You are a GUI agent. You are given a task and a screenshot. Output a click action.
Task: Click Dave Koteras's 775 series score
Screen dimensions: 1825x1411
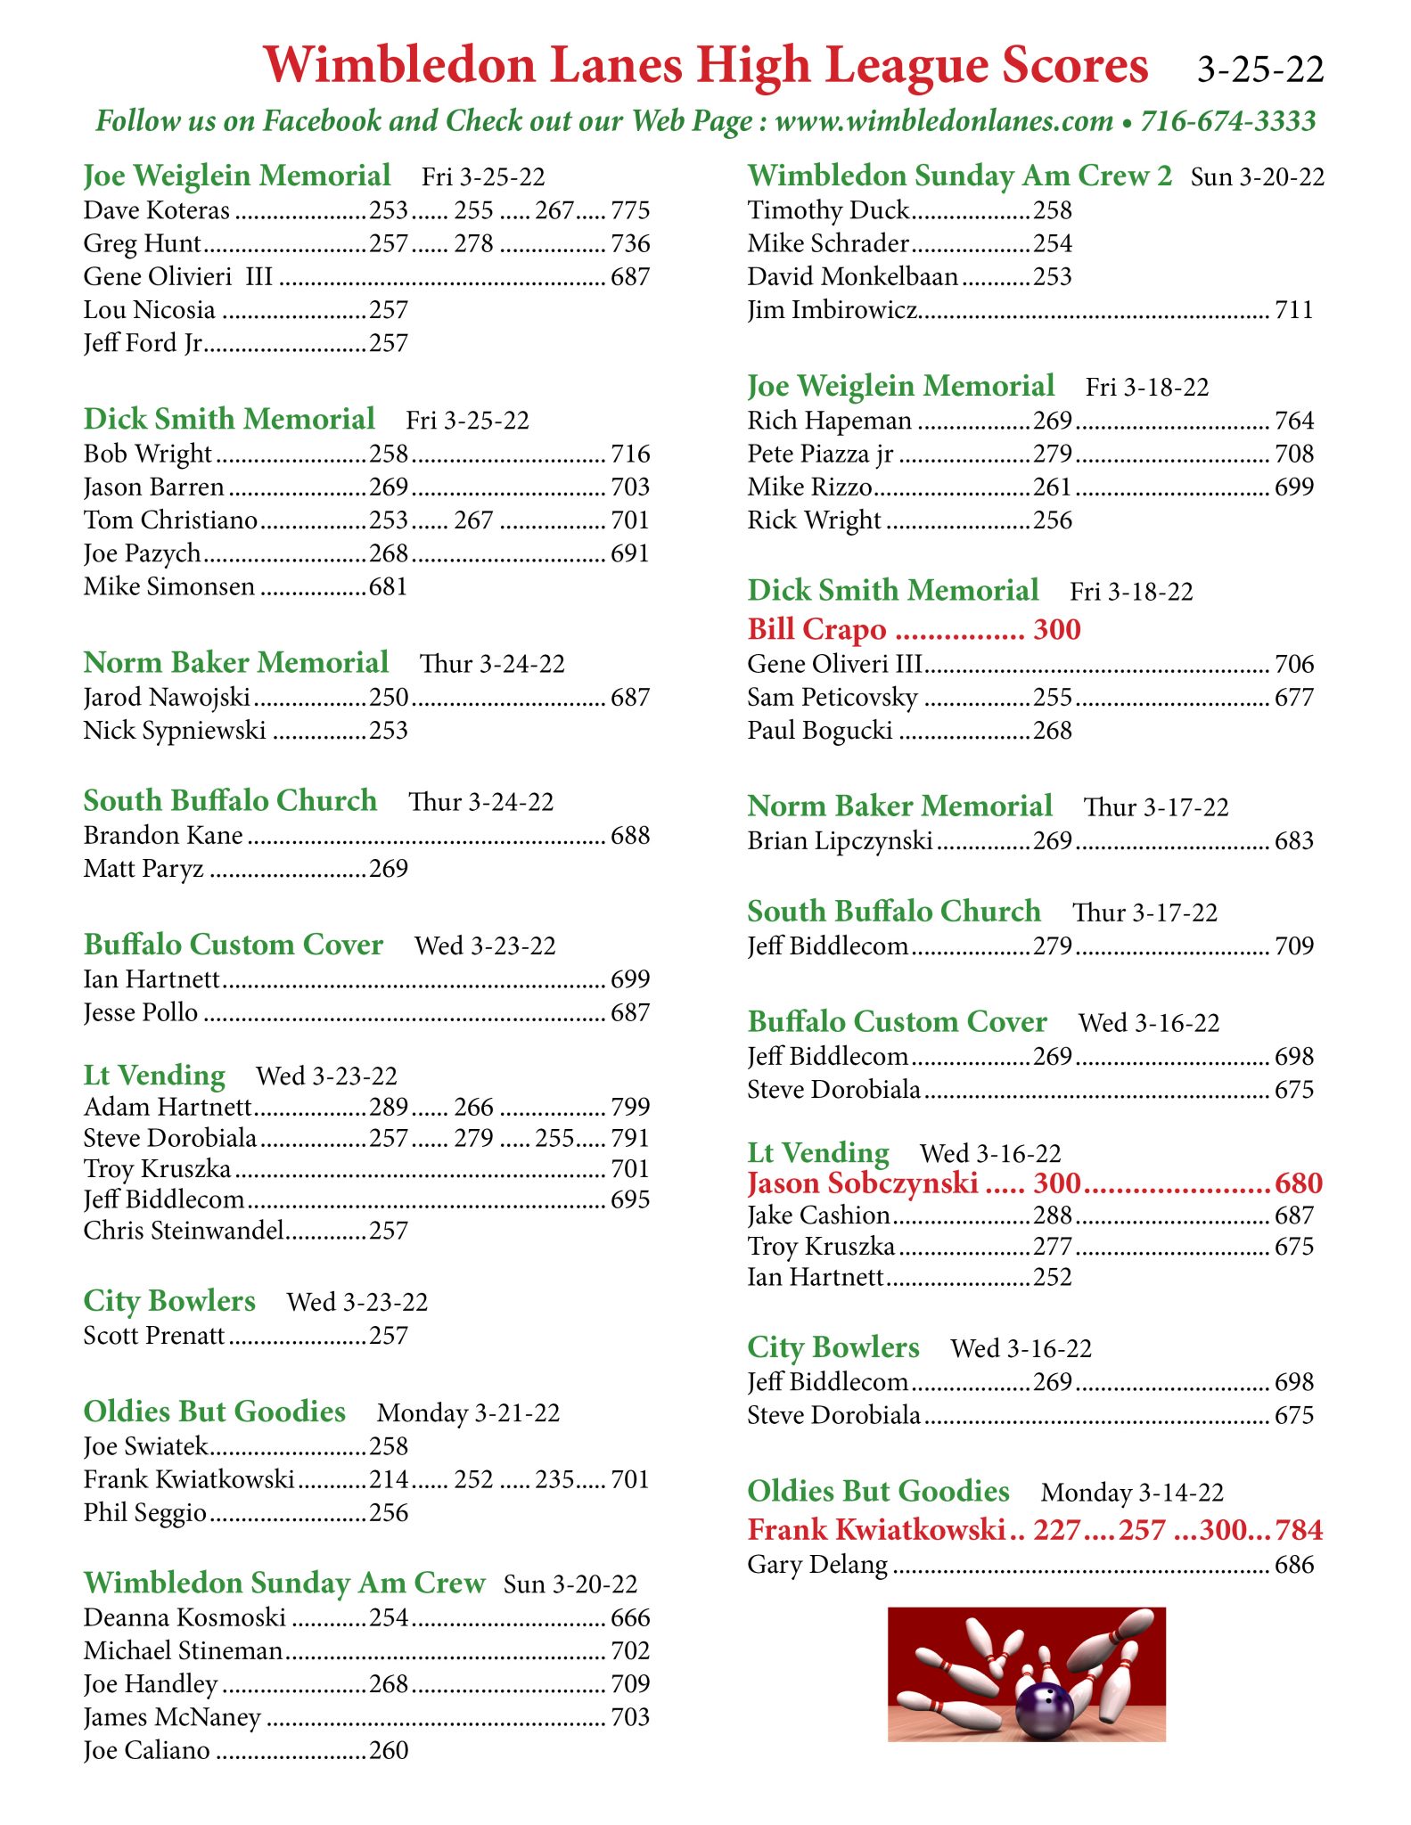630,210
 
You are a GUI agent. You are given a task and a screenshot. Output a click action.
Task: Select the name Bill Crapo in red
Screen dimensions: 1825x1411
816,629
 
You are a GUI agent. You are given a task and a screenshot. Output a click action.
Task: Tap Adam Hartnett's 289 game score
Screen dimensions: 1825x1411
389,1107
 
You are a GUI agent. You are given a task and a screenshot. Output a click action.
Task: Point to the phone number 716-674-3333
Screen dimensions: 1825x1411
1227,120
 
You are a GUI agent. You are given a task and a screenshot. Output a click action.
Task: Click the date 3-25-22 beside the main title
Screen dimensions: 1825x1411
1259,70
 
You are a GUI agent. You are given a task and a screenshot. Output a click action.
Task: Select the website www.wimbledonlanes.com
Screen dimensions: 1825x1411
944,120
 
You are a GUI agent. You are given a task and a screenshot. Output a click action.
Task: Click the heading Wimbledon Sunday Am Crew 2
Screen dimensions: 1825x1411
960,176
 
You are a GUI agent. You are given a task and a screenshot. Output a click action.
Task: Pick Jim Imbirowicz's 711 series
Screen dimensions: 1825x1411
1293,310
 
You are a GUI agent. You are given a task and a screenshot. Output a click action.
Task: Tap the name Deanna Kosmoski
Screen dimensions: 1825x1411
185,1617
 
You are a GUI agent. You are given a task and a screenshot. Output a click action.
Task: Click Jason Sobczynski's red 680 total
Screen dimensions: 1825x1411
1298,1183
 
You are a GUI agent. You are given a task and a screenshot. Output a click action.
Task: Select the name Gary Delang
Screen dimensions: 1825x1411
817,1565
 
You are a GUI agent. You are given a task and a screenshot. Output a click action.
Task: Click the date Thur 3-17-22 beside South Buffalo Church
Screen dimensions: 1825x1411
1144,912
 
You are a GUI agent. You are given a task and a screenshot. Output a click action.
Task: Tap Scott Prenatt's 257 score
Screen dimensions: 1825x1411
389,1336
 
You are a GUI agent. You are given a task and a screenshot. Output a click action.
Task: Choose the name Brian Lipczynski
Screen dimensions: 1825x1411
840,841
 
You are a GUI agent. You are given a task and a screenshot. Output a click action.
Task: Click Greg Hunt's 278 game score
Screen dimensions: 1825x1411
473,244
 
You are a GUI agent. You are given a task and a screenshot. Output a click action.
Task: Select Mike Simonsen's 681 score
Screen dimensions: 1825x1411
389,587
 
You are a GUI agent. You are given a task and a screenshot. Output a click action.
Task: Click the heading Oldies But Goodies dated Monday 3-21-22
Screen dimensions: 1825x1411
214,1412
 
